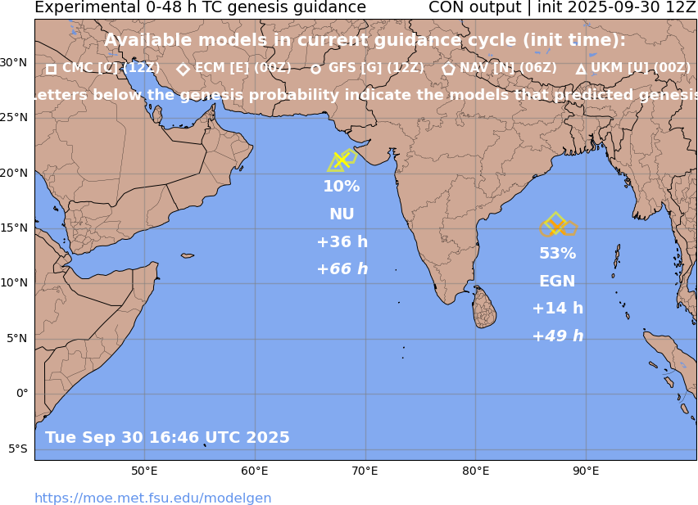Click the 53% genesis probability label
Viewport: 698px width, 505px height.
pyautogui.click(x=557, y=254)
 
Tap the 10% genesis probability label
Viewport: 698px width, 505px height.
pyautogui.click(x=342, y=187)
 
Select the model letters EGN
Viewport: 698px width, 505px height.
pyautogui.click(x=557, y=282)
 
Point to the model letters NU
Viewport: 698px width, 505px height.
pyautogui.click(x=342, y=214)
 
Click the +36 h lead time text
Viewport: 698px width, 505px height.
pyautogui.click(x=342, y=242)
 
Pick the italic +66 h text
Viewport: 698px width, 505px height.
pyautogui.click(x=342, y=269)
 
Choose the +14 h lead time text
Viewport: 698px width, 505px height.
pyautogui.click(x=557, y=309)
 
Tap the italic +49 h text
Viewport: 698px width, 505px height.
pyautogui.click(x=557, y=336)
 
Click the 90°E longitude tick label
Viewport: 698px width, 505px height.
pyautogui.click(x=586, y=471)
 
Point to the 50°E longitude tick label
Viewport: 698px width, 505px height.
pyautogui.click(x=145, y=471)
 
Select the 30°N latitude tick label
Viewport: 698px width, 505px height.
pyautogui.click(x=13, y=62)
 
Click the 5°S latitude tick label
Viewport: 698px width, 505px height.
pyautogui.click(x=17, y=449)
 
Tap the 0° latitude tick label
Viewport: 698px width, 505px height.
pyautogui.click(x=23, y=393)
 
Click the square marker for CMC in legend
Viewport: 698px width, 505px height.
pyautogui.click(x=51, y=70)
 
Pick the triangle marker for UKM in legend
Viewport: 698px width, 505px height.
pyautogui.click(x=581, y=70)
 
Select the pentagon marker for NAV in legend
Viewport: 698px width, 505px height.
pyautogui.click(x=448, y=70)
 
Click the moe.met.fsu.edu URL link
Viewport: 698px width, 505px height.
pyautogui.click(x=152, y=498)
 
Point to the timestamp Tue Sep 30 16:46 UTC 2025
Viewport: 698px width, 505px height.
pyautogui.click(x=167, y=438)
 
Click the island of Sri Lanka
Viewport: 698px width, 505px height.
pyautogui.click(x=485, y=309)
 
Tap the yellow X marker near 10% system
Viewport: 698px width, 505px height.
pyautogui.click(x=341, y=160)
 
